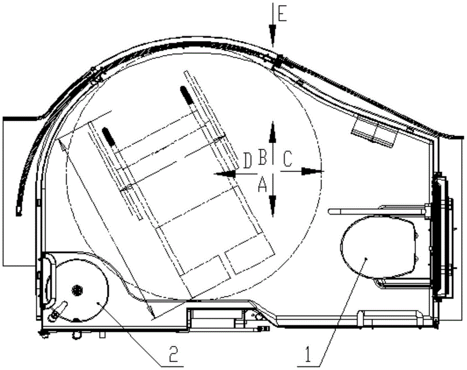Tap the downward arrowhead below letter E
coord(272,35)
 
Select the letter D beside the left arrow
coord(248,160)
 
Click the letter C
coord(288,159)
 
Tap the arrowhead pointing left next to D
coord(226,174)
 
